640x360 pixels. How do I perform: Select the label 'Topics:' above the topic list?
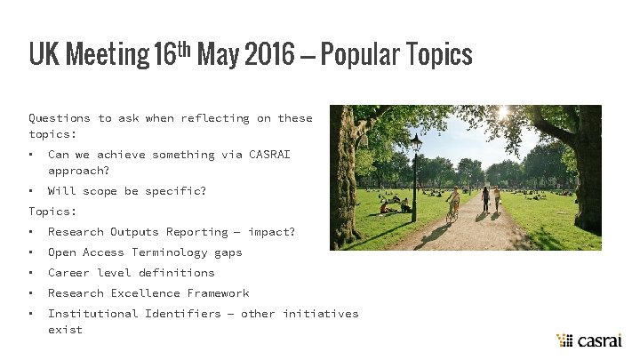[52, 212]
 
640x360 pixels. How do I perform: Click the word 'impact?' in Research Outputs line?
[271, 232]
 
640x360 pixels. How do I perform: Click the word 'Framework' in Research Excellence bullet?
[218, 293]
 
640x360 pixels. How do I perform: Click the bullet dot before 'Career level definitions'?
[31, 273]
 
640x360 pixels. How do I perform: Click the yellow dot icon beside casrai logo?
[564, 340]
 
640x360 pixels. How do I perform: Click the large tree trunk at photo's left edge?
[345, 178]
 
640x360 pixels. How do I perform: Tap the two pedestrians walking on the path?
[492, 199]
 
